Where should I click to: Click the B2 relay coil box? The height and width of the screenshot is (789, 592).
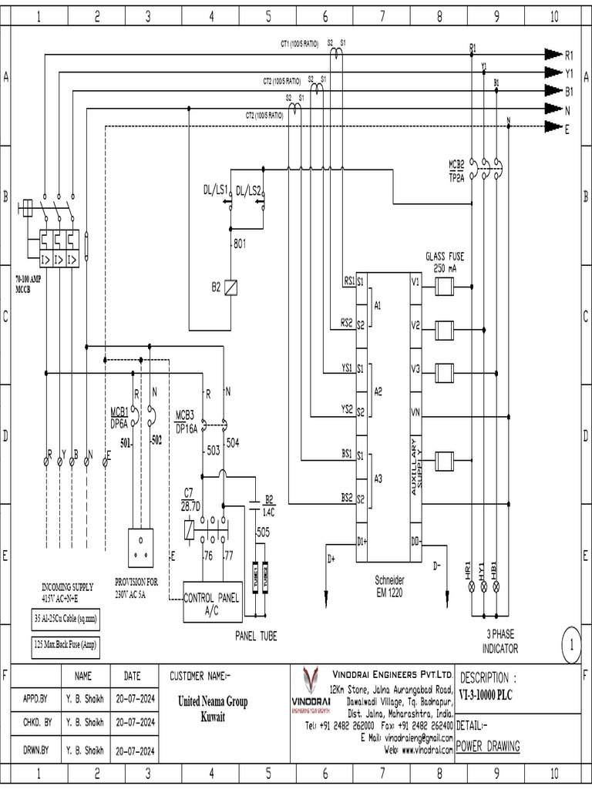230,287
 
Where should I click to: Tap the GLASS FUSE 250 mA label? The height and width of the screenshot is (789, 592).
445,262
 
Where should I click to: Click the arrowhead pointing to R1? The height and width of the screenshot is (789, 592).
552,54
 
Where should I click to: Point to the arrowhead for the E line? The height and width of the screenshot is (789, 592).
552,126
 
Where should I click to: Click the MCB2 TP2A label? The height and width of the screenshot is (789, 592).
456,170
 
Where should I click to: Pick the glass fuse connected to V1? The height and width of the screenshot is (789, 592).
444,287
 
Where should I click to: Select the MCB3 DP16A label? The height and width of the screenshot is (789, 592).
187,422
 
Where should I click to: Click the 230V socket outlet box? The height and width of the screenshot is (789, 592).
140,548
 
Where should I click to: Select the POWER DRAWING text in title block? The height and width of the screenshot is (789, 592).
488,746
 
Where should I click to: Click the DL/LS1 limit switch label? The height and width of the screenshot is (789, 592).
216,190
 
